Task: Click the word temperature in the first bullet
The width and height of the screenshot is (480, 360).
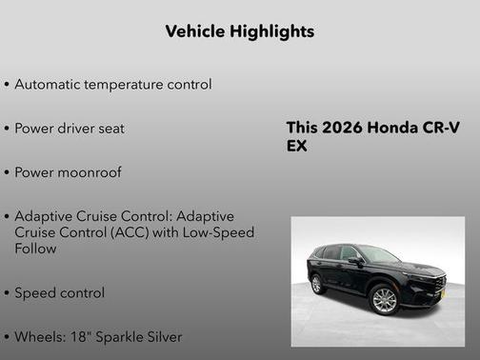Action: pos(130,84)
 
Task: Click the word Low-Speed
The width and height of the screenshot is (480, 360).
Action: pos(219,232)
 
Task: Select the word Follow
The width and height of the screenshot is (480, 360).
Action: pos(35,249)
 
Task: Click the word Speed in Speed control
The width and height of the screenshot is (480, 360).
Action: pos(35,292)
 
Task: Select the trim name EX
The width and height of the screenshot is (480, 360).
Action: pos(296,147)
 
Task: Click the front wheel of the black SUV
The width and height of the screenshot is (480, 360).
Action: pos(383,300)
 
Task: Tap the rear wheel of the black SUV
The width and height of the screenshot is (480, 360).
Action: pos(317,284)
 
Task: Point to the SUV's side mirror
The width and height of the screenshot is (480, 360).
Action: pos(355,260)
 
